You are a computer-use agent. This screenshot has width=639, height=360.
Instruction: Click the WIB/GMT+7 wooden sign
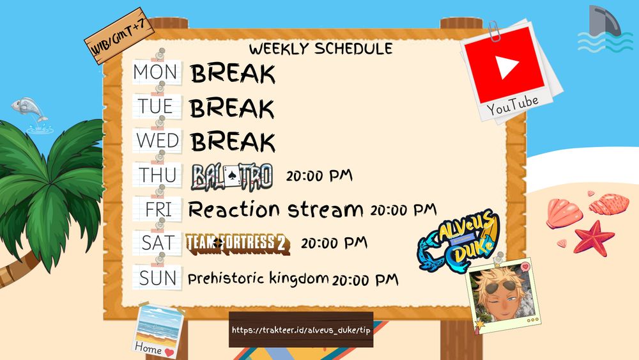tap(119, 36)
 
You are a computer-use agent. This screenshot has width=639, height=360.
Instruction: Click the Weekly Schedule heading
tap(321, 49)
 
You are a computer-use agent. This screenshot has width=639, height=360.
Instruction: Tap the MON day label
tap(155, 72)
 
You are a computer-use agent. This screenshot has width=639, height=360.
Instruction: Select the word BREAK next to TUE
tap(232, 109)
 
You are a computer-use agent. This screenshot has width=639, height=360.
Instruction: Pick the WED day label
tap(157, 141)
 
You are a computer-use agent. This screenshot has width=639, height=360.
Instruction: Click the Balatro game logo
tap(231, 177)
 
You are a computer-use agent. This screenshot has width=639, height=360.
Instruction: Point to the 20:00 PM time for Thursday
tap(319, 176)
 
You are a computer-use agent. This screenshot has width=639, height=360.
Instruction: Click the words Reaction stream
tap(275, 210)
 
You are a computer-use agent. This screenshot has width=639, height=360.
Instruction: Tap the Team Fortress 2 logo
tap(238, 244)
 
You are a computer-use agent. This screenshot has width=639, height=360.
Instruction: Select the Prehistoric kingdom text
tap(258, 278)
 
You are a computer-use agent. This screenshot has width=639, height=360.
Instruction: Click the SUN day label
tap(158, 278)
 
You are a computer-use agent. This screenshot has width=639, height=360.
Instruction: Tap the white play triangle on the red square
tap(507, 66)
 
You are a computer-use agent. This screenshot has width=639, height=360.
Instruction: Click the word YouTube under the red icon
tap(512, 106)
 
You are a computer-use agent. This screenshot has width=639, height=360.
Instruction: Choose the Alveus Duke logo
tap(458, 240)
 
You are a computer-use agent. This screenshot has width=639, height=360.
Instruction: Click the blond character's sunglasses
tap(498, 287)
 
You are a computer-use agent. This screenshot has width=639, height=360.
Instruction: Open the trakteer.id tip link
tap(301, 330)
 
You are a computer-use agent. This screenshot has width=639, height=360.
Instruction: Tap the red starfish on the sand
tap(594, 238)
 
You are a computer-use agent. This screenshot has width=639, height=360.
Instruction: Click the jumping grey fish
tap(29, 109)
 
